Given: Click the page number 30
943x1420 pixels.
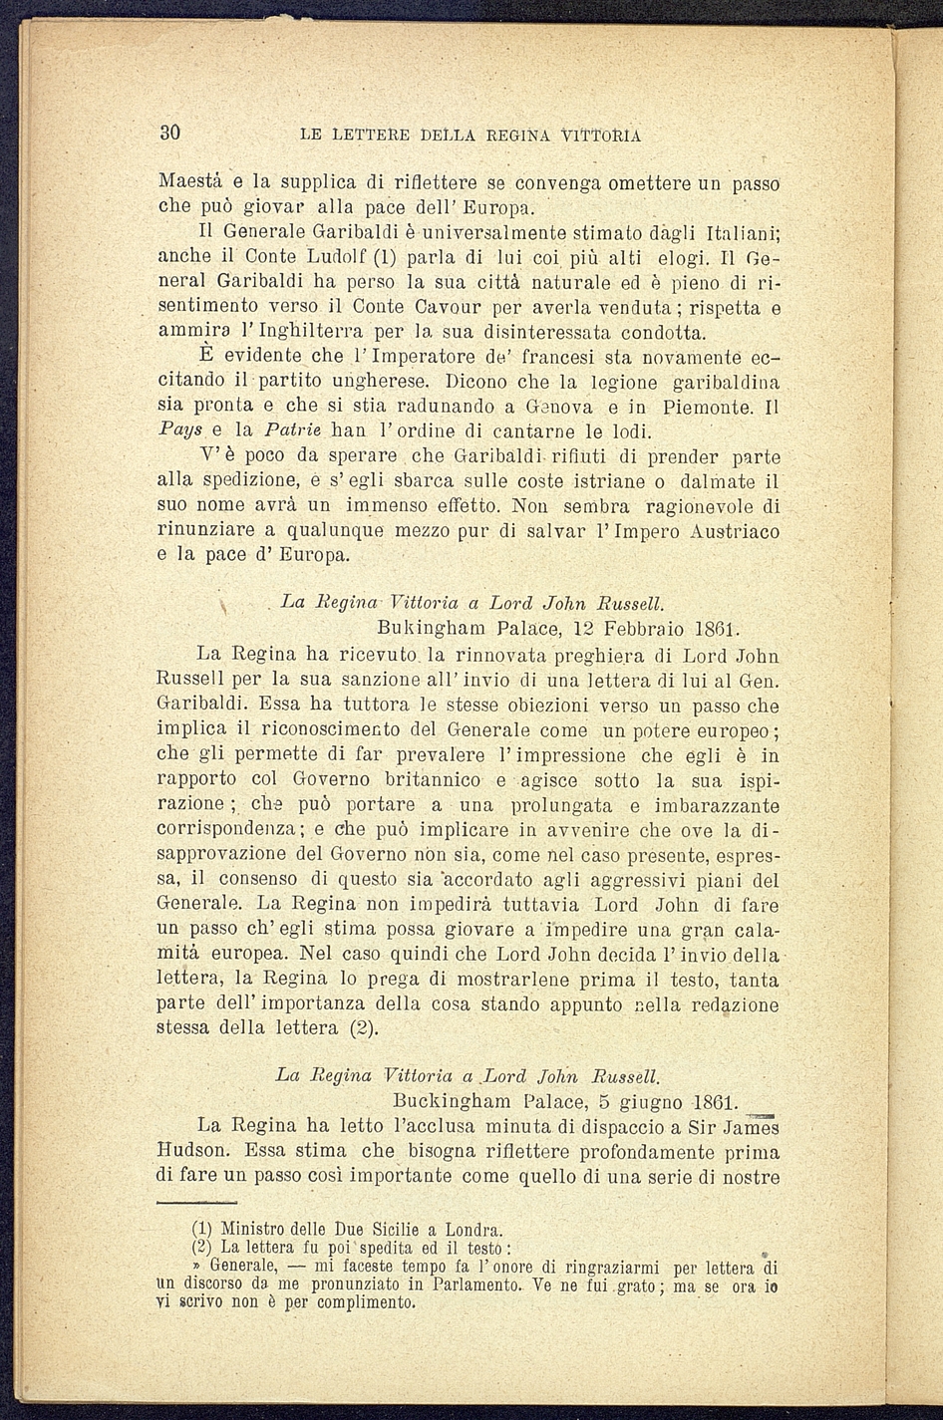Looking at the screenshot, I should point(168,134).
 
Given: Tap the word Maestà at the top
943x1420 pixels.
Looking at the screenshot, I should point(191,183).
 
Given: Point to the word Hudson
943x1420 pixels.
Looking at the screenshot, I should point(194,1150).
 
